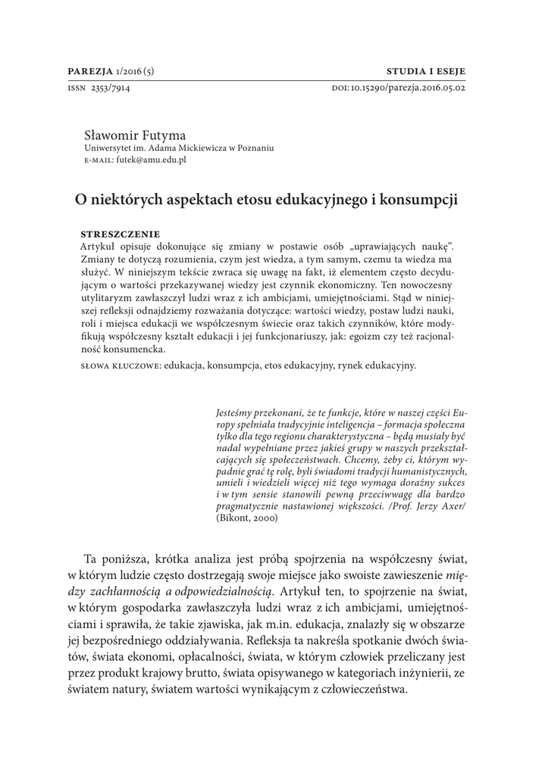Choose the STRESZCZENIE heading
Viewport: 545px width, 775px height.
click(x=121, y=234)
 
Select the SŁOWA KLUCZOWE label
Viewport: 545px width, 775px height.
click(x=119, y=366)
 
